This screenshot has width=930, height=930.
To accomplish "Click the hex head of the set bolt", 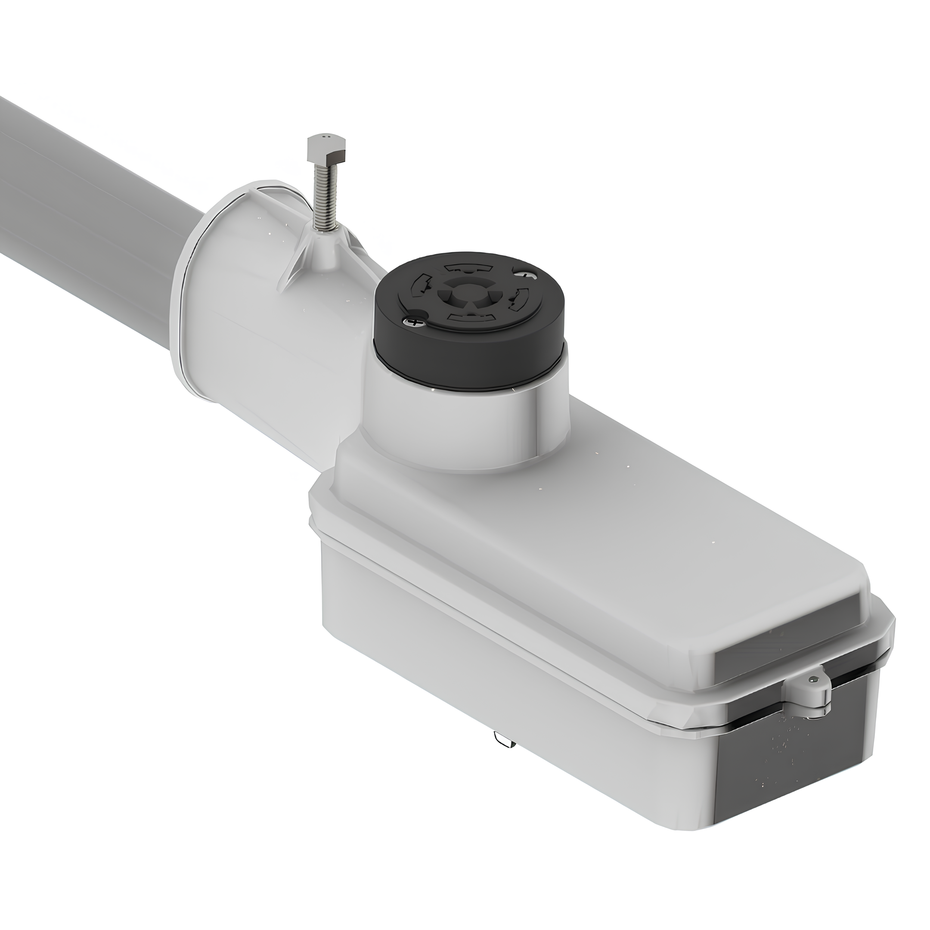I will (327, 149).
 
